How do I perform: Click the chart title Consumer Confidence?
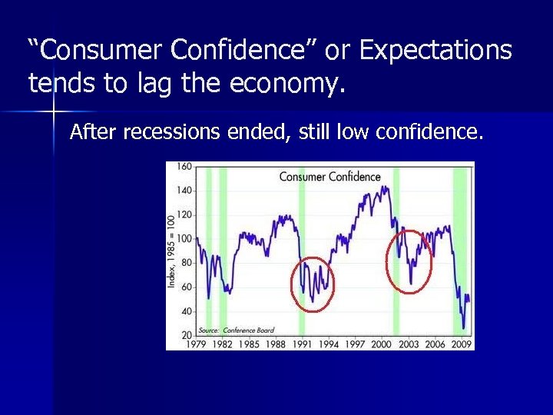[x=329, y=177]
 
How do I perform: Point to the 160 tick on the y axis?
[x=185, y=167]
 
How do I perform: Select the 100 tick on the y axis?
[x=185, y=239]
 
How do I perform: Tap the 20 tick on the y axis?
[x=186, y=336]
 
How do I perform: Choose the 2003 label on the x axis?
[x=409, y=344]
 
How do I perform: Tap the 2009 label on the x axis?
[x=461, y=344]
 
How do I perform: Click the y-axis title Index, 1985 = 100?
[x=172, y=251]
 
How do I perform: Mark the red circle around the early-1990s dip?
[x=313, y=284]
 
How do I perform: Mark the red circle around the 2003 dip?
[x=409, y=261]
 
